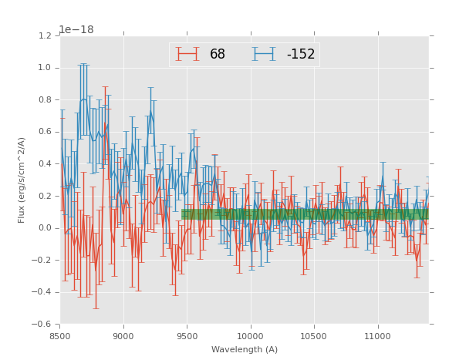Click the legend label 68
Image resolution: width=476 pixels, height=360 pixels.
[217, 54]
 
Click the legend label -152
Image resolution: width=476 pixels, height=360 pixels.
[301, 54]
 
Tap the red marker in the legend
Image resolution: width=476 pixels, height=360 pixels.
[187, 54]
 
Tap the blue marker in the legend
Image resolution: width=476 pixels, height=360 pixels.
[265, 54]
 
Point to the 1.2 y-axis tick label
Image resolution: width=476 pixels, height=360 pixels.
[45, 36]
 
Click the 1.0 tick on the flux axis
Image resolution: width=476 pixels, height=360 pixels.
[45, 68]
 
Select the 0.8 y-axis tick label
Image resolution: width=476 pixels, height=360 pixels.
[45, 100]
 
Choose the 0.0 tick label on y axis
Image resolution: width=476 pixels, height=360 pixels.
[45, 228]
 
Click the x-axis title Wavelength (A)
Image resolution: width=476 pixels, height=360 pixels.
[245, 349]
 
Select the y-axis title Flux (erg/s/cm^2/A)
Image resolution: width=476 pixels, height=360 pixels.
[22, 180]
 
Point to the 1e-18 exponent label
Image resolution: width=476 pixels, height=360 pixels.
[76, 30]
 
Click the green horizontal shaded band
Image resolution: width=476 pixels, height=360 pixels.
[305, 214]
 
